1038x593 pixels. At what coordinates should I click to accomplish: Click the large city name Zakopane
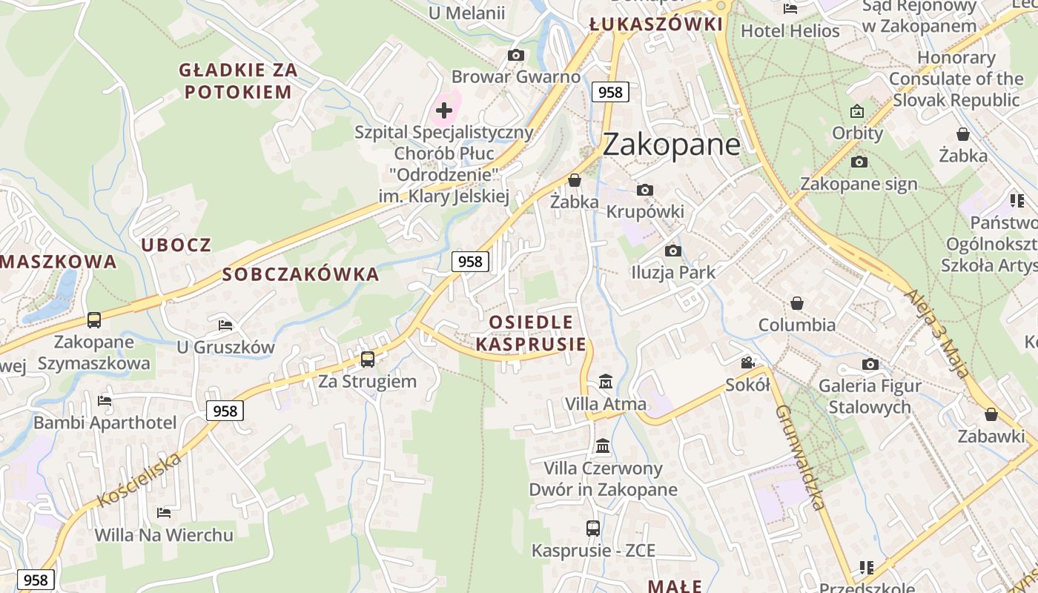coord(671,144)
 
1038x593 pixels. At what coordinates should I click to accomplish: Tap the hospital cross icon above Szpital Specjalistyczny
coord(444,111)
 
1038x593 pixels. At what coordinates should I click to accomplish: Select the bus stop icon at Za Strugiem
coord(368,360)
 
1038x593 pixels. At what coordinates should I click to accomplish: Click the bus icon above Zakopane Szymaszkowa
coord(94,320)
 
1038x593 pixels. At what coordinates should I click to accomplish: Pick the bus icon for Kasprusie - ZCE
coord(593,529)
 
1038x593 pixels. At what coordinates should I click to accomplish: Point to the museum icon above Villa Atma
coord(606,382)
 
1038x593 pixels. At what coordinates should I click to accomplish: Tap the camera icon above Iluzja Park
coord(673,251)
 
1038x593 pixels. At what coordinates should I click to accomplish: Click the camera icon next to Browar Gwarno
coord(516,56)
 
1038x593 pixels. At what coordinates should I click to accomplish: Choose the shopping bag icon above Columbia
coord(797,303)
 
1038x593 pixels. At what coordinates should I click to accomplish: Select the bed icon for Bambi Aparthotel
coord(105,401)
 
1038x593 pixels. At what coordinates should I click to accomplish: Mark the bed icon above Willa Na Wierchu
coord(164,513)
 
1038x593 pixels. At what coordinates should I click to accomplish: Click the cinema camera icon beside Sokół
coord(747,362)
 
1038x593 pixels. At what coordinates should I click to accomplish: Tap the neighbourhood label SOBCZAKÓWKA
coord(300,275)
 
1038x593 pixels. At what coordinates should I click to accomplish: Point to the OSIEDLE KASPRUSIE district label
coord(531,333)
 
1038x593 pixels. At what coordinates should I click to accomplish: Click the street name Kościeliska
coord(139,480)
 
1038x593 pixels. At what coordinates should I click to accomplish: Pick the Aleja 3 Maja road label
coord(936,333)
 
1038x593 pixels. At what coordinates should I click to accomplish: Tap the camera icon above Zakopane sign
coord(859,162)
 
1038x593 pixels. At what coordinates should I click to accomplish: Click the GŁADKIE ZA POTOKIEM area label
coord(238,82)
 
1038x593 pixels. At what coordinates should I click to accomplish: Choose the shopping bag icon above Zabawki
coord(991,414)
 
